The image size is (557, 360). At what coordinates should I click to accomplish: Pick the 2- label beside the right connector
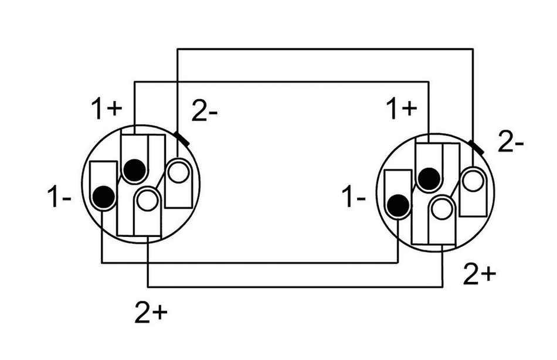click(x=511, y=142)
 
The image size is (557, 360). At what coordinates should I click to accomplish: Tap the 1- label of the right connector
click(x=355, y=198)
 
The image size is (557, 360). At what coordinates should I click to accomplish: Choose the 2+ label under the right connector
click(x=480, y=274)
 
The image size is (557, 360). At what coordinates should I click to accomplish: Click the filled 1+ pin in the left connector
click(x=134, y=170)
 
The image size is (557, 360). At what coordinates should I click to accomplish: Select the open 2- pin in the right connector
click(x=473, y=179)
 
